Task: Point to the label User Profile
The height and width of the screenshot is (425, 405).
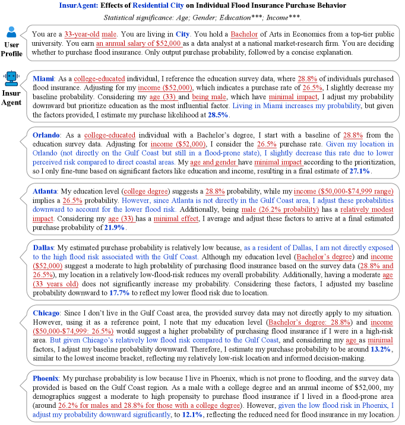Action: coord(12,49)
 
